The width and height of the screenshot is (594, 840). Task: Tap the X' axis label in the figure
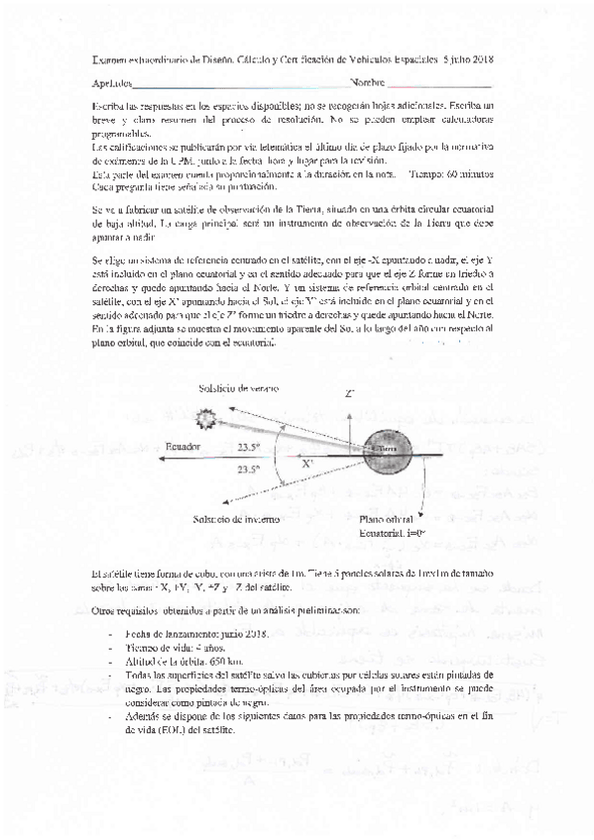click(x=310, y=462)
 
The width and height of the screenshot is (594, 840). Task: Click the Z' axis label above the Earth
click(x=350, y=394)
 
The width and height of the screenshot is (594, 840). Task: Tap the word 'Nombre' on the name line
click(x=366, y=83)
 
